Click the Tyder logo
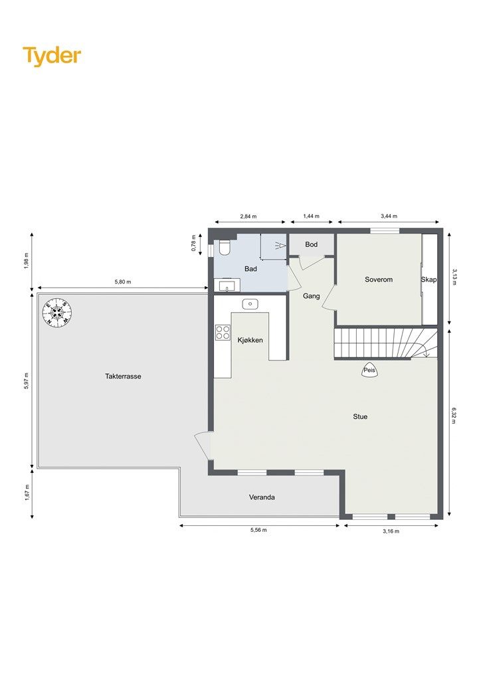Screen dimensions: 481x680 coord(52,56)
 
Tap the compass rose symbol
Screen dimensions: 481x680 coord(57,313)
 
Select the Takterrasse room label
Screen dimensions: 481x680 coord(123,376)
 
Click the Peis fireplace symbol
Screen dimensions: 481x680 coord(369,370)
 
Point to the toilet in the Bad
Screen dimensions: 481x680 coord(225,247)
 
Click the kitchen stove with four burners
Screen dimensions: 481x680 coord(223,332)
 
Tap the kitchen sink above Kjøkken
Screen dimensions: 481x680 coord(250,304)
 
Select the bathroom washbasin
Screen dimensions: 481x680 coord(226,286)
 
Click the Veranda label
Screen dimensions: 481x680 coord(262,497)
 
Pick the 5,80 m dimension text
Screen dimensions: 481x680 coord(123,282)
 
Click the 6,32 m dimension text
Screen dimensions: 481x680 coord(454,415)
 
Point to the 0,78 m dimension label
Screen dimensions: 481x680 coord(194,243)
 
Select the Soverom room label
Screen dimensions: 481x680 coord(379,280)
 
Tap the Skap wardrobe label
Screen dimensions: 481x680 coord(429,280)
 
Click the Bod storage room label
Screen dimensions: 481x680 coord(311,244)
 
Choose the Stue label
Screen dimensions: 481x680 coord(360,416)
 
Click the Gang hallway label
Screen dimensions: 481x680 coord(312,296)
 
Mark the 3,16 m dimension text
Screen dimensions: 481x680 coord(391,531)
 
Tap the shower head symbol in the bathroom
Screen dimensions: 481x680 coord(279,246)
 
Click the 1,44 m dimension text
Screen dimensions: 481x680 coord(311,216)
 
